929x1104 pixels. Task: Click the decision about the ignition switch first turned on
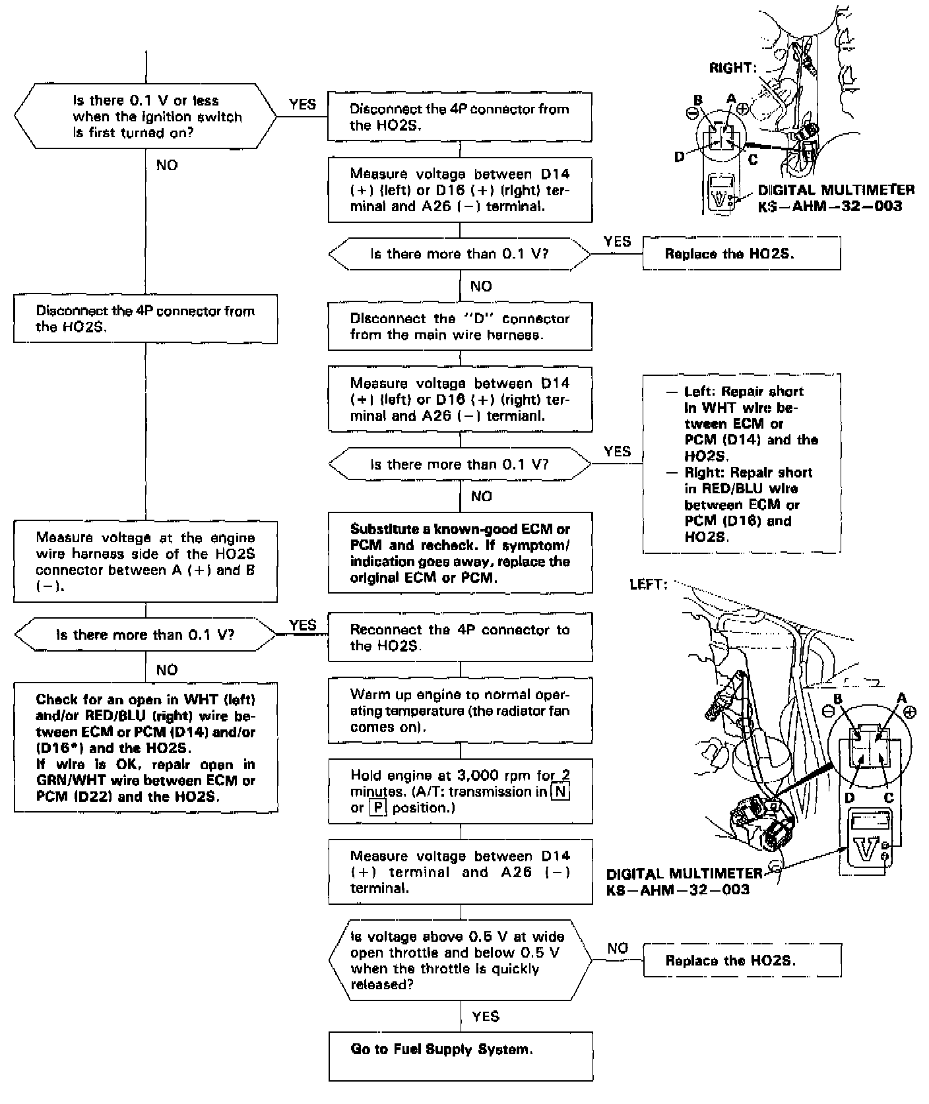tap(145, 117)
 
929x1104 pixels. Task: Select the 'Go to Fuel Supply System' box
tap(461, 1055)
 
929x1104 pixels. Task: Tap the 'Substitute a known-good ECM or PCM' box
tap(460, 553)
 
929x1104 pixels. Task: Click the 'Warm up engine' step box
tap(460, 710)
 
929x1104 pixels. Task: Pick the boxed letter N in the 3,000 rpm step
tap(560, 791)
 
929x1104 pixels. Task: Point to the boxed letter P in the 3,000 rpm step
tap(378, 807)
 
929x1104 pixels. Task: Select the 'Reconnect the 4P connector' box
tap(460, 637)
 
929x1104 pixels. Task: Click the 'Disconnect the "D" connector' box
tap(460, 326)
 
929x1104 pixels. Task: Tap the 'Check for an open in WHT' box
tap(145, 747)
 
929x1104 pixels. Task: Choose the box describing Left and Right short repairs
tap(742, 463)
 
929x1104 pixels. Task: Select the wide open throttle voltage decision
tap(461, 960)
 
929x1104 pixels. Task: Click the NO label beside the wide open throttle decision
tap(618, 948)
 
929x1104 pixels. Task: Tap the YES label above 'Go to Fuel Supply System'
tap(486, 1016)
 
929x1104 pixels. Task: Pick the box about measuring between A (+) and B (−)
tap(145, 561)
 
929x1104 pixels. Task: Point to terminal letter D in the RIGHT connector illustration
tap(680, 157)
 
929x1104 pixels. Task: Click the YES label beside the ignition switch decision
tap(302, 104)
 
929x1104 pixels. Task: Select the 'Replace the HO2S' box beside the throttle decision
tap(742, 960)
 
